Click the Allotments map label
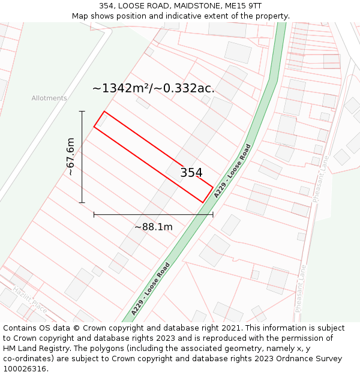click(x=49, y=98)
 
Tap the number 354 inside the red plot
click(x=191, y=173)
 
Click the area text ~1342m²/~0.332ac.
click(x=153, y=88)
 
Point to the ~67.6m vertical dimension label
click(x=70, y=157)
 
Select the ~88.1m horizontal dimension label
click(x=153, y=227)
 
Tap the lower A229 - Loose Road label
click(x=151, y=289)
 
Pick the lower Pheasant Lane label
click(x=301, y=288)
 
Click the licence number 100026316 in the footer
click(x=25, y=369)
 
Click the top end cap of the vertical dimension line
click(x=82, y=112)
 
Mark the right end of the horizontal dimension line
click(x=213, y=214)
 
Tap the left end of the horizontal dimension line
click(x=94, y=214)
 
